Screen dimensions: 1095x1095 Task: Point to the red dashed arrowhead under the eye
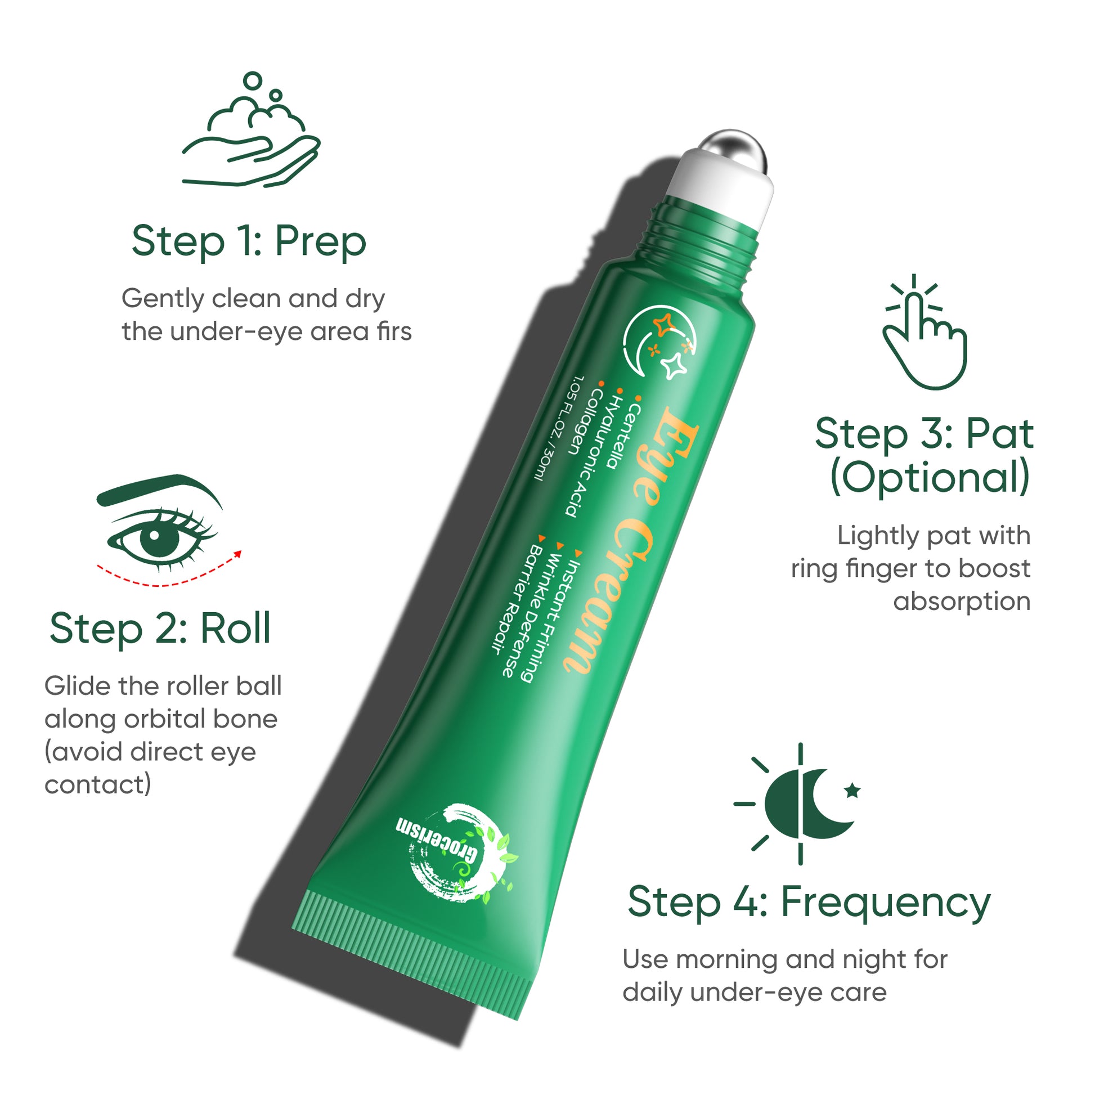(x=238, y=554)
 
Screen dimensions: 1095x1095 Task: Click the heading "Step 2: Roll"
(x=160, y=630)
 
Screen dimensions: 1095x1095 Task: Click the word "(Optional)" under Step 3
(x=930, y=478)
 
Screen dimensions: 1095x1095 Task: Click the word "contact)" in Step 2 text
(x=97, y=785)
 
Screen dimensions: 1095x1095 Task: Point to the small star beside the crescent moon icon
(x=852, y=790)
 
